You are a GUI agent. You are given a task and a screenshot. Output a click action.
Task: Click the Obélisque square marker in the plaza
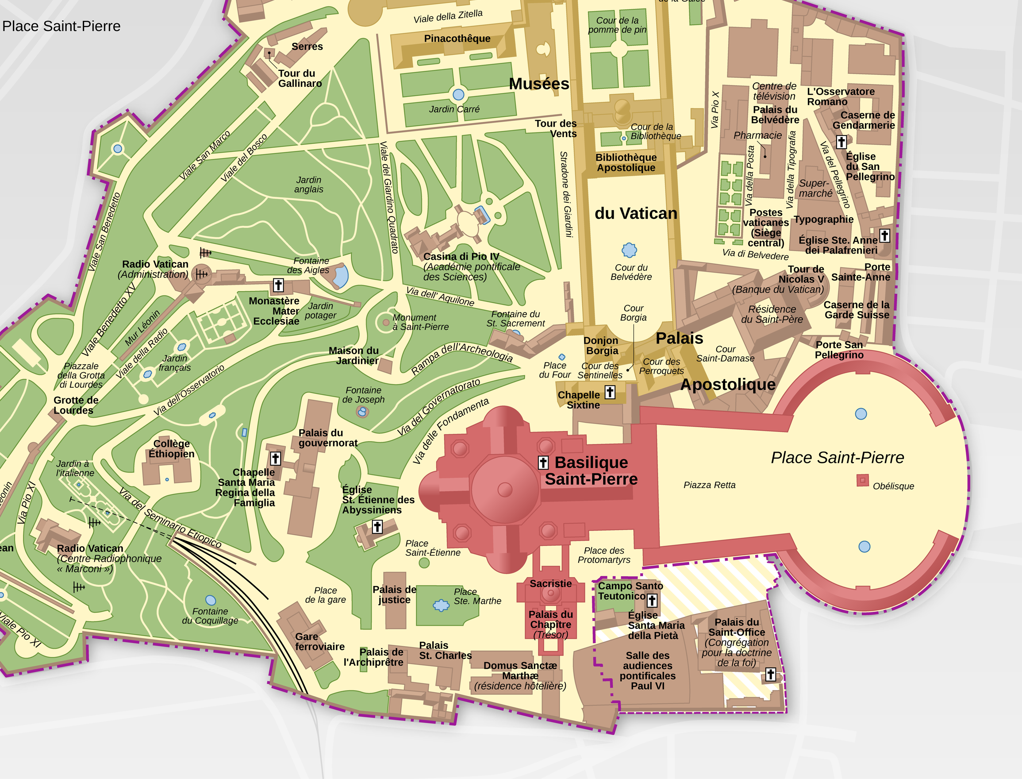(x=862, y=480)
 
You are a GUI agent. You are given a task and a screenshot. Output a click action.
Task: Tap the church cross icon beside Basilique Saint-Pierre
(x=543, y=462)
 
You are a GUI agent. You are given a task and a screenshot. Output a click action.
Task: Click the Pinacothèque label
(x=457, y=39)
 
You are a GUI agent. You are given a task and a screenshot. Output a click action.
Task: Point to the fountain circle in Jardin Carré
(x=458, y=95)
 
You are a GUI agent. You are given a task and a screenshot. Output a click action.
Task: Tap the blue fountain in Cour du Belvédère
(x=629, y=250)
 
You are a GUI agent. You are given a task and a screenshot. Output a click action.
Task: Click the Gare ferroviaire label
(x=319, y=641)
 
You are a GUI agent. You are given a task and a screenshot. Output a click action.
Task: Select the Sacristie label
(x=551, y=583)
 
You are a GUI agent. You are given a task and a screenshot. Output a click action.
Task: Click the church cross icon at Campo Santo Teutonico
(x=652, y=601)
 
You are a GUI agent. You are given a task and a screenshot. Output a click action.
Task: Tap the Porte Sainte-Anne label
(x=861, y=272)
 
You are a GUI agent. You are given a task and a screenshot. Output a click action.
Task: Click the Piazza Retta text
(x=709, y=485)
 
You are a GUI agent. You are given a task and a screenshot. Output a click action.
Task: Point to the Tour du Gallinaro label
(x=300, y=78)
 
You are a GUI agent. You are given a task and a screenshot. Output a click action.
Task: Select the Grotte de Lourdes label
(x=76, y=405)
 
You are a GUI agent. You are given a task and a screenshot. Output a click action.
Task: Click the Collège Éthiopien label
(x=172, y=448)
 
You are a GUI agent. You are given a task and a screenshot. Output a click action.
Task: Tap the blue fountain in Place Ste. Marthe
(x=441, y=605)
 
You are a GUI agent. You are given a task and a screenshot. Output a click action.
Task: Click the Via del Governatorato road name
(x=438, y=407)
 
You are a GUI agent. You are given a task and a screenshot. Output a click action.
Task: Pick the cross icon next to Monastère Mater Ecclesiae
(x=278, y=285)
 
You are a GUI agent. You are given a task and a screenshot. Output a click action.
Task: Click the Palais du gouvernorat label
(x=327, y=438)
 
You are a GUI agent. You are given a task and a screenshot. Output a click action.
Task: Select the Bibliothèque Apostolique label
(x=626, y=163)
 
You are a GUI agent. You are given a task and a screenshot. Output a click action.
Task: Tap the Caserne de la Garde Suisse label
(x=856, y=310)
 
